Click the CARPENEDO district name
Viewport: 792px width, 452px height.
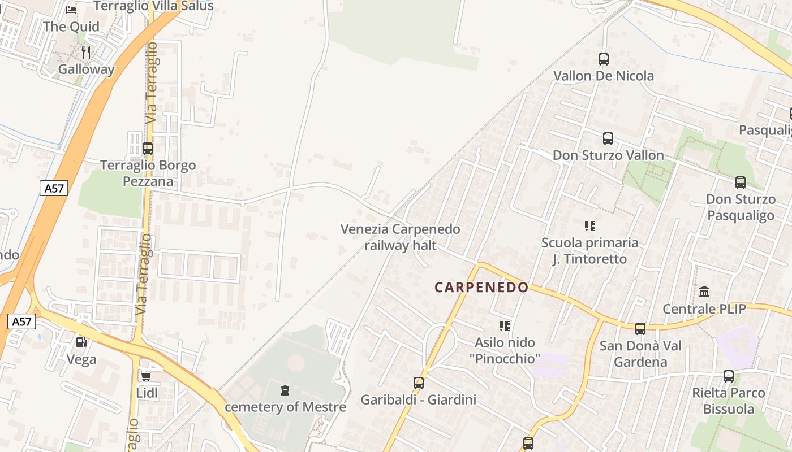(481, 287)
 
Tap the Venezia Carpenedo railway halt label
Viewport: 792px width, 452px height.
(400, 237)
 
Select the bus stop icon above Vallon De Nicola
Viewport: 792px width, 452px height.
(604, 59)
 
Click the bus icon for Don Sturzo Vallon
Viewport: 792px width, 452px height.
(608, 138)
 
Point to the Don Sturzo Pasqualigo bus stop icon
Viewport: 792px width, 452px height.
(741, 182)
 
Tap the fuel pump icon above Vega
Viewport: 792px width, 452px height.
(81, 342)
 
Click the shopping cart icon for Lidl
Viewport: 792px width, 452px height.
(146, 376)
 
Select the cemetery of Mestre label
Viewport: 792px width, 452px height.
(285, 407)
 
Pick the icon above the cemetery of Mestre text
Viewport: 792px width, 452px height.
(285, 390)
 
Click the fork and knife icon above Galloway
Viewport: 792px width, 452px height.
(86, 53)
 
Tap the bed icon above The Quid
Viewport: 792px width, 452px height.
(71, 10)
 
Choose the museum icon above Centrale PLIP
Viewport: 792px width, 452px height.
(704, 292)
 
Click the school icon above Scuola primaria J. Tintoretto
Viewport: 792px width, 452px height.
(590, 226)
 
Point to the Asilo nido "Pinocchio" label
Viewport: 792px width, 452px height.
(505, 350)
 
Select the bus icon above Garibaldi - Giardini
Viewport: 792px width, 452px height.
(419, 383)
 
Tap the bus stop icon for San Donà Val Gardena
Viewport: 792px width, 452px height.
(640, 328)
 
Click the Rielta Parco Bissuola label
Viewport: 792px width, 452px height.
(729, 401)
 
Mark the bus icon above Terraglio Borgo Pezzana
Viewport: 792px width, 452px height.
(148, 149)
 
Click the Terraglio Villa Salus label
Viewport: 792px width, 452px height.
(153, 6)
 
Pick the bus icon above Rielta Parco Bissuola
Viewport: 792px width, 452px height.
(729, 376)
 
